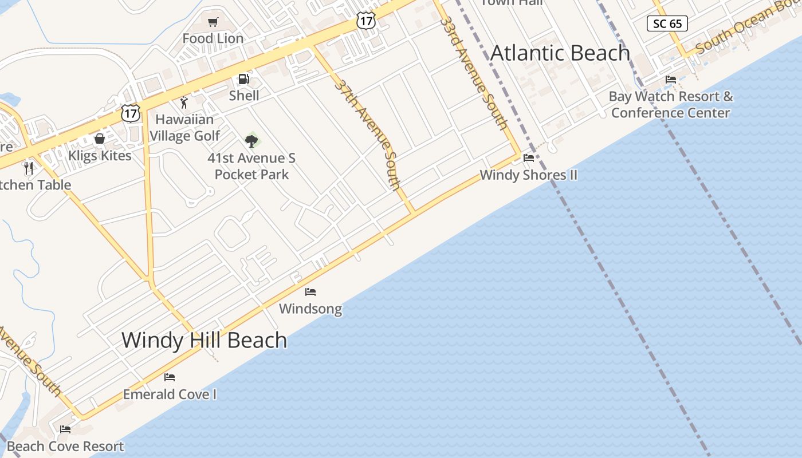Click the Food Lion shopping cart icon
[213, 22]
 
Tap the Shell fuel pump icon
[243, 79]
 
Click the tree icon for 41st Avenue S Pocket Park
[251, 140]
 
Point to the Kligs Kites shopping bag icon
[100, 139]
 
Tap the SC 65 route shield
[667, 23]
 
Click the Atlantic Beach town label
[560, 53]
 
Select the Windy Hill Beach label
[204, 340]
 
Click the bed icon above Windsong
[310, 292]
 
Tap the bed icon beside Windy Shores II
[529, 158]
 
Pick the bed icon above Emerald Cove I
[170, 377]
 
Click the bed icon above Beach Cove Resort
[65, 429]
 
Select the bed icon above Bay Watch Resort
[671, 80]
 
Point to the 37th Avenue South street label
[367, 134]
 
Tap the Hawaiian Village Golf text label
[184, 128]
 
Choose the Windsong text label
[310, 309]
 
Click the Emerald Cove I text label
[170, 394]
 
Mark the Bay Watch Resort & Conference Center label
[671, 104]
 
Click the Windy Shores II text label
[529, 175]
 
